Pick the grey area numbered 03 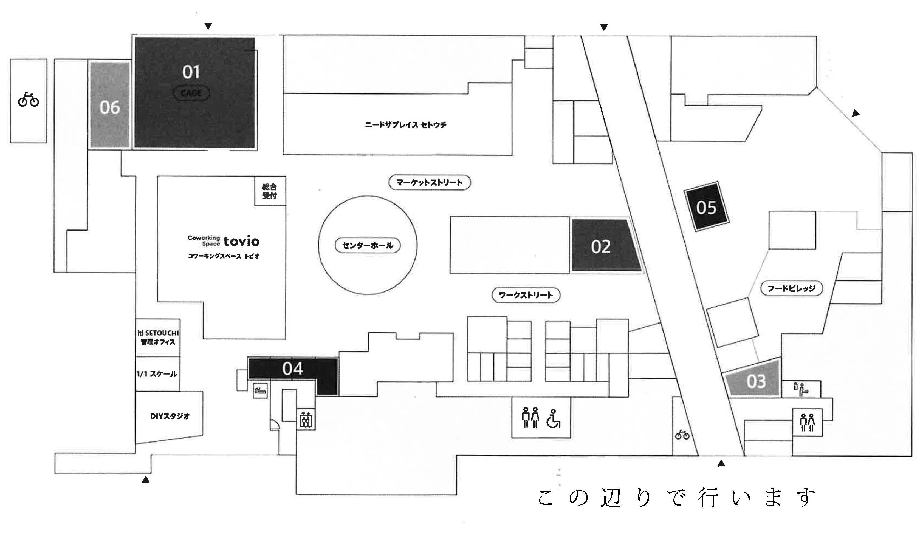[x=755, y=381]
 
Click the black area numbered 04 [x=292, y=368]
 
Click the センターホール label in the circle [x=367, y=245]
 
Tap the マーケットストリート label [x=429, y=182]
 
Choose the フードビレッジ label [x=791, y=288]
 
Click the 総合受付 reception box [x=270, y=191]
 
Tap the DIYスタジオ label [x=170, y=416]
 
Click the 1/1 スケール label [x=157, y=374]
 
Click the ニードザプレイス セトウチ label [x=405, y=125]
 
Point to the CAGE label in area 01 [x=191, y=93]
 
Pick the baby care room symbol [x=801, y=390]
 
